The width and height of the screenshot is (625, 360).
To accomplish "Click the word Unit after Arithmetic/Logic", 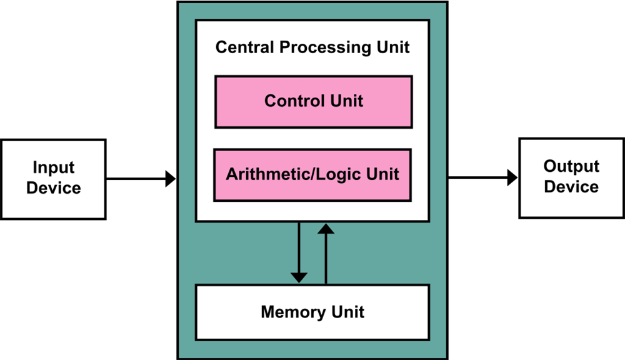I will (381, 174).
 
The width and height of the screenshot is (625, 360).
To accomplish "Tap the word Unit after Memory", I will (347, 312).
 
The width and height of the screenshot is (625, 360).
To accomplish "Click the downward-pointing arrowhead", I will (299, 276).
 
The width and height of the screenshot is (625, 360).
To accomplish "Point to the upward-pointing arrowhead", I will (326, 229).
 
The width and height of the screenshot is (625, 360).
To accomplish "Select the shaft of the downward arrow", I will (299, 247).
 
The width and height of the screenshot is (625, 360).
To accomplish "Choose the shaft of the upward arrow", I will (326, 259).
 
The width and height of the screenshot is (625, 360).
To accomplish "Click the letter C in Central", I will (221, 47).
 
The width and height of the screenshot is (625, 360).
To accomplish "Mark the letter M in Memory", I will (267, 312).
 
